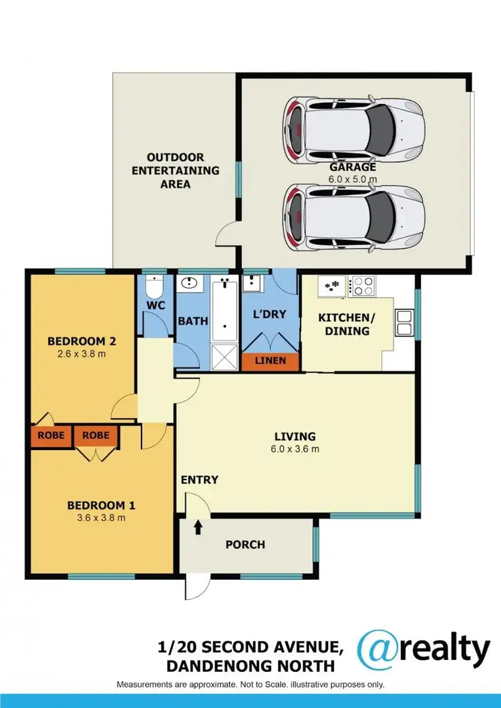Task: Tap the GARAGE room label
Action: [x=352, y=168]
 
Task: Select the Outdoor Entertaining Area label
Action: [x=175, y=170]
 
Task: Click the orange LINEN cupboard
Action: [x=270, y=361]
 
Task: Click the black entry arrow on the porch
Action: [x=198, y=528]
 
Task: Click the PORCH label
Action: [x=244, y=545]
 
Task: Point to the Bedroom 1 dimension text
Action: [x=97, y=518]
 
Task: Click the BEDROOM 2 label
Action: [x=82, y=341]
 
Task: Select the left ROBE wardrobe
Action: [x=51, y=435]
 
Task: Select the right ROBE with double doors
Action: [x=96, y=435]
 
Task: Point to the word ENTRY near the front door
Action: [x=199, y=480]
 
